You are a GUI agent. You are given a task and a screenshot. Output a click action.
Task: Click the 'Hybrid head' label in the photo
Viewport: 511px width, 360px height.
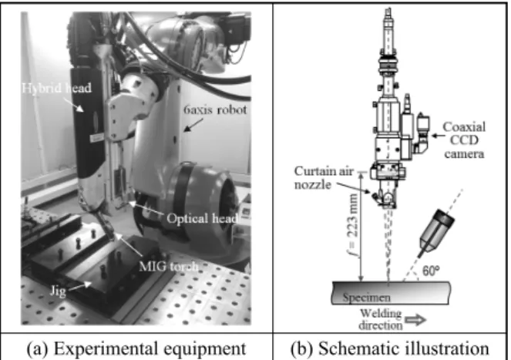pos(57,88)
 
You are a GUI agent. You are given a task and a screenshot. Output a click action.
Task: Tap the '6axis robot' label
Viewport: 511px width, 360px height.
pos(215,109)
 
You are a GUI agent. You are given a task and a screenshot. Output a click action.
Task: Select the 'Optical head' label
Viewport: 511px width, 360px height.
pos(202,218)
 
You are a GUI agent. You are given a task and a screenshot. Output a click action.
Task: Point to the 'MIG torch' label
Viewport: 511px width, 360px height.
pos(169,267)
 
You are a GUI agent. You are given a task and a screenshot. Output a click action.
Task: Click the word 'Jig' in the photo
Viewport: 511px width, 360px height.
pos(58,291)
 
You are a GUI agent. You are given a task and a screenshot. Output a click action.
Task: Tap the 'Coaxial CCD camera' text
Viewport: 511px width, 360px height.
pos(464,140)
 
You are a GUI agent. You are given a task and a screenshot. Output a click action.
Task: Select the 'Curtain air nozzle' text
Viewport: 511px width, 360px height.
pos(324,178)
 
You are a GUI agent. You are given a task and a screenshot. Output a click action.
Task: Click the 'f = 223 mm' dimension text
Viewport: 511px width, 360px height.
pos(353,225)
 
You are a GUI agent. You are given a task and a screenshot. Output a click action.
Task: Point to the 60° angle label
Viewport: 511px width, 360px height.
pos(431,271)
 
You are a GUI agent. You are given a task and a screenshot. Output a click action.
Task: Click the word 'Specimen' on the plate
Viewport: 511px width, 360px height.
pos(366,298)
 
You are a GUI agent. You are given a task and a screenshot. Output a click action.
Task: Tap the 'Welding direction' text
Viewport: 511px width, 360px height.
pos(381,319)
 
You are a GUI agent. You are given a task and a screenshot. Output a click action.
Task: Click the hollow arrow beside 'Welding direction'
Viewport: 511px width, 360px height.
pos(416,320)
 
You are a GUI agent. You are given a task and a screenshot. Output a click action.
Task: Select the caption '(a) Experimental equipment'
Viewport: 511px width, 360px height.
pos(136,348)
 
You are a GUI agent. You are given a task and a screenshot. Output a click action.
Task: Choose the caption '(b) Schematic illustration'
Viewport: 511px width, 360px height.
pos(390,348)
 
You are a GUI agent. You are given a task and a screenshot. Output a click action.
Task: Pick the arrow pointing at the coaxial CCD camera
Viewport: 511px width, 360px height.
pos(436,136)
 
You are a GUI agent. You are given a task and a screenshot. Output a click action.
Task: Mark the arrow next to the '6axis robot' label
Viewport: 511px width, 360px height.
pos(193,125)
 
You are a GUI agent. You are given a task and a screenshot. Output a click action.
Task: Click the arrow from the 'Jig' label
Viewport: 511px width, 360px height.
pos(80,286)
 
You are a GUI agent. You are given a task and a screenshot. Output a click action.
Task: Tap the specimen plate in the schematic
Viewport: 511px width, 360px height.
pos(391,293)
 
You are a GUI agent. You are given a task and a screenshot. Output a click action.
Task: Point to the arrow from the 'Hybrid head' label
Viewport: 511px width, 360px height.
pos(73,104)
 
